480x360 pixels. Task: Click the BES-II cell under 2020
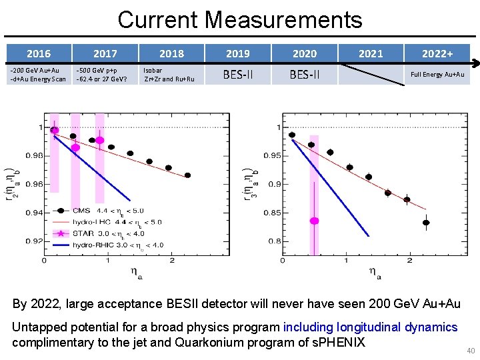(x=304, y=75)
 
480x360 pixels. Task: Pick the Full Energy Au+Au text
(x=437, y=75)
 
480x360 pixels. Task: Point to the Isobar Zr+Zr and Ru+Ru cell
(x=169, y=74)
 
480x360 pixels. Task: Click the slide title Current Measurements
(x=240, y=19)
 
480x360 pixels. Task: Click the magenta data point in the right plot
(x=314, y=221)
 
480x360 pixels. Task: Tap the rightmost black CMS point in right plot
(x=426, y=223)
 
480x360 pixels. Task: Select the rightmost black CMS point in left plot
(x=187, y=175)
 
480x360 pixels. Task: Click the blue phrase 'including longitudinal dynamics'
(x=370, y=327)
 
